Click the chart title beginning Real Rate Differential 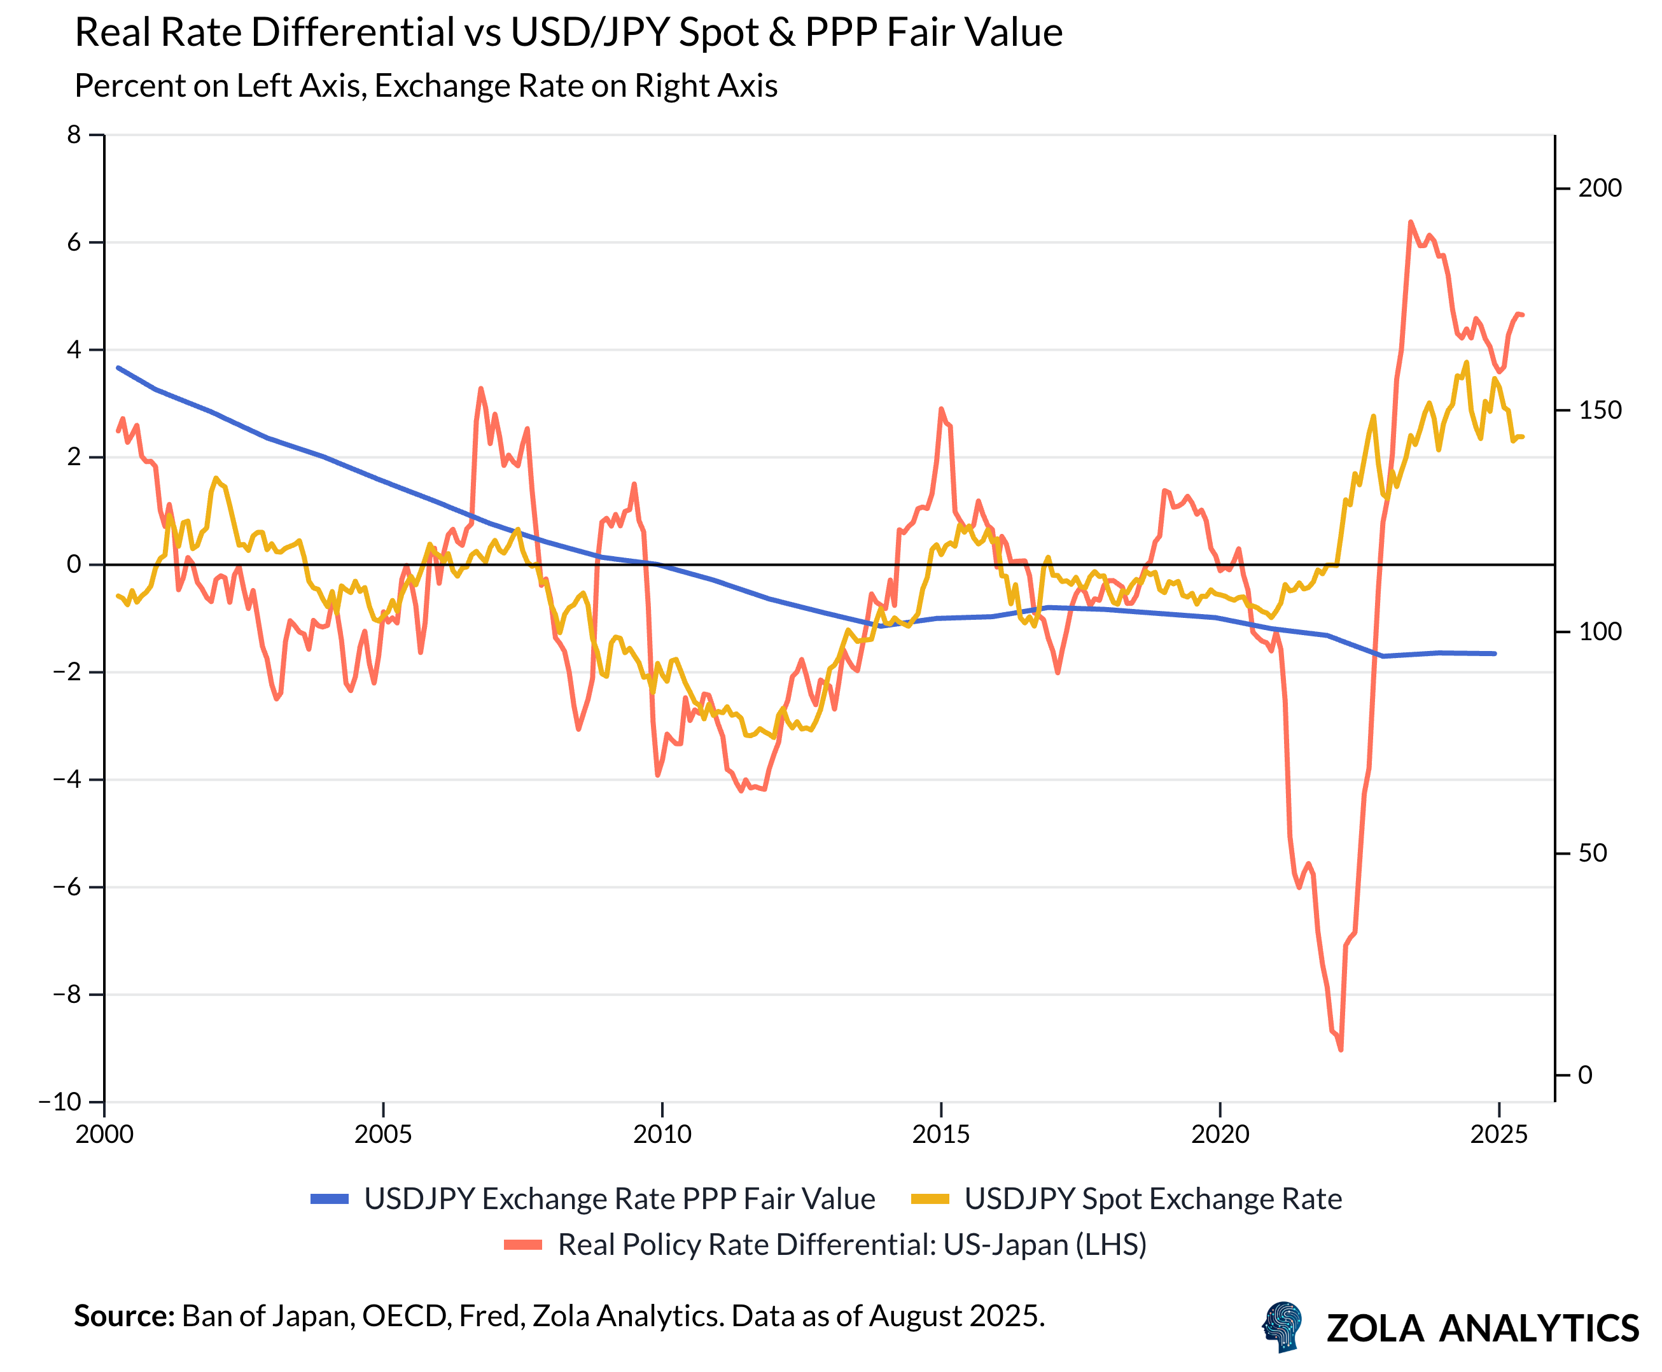tap(568, 33)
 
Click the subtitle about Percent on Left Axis tap(425, 86)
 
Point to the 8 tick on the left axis tap(74, 135)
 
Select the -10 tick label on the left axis tap(60, 1101)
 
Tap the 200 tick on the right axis tap(1599, 188)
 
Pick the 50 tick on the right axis tap(1593, 853)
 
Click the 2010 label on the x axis tap(662, 1134)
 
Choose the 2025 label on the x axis tap(1498, 1134)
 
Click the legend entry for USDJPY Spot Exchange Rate tap(1152, 1199)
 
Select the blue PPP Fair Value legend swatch tap(329, 1199)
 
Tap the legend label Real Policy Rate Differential tap(851, 1245)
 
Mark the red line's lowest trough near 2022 tap(1340, 1049)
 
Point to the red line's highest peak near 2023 tap(1410, 222)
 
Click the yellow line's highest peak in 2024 tap(1466, 363)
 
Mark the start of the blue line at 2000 tap(118, 368)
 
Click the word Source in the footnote tap(123, 1316)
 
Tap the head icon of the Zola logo tap(1282, 1327)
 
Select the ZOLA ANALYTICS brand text tap(1482, 1329)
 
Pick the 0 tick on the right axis tap(1584, 1075)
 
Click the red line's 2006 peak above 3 tap(480, 388)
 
